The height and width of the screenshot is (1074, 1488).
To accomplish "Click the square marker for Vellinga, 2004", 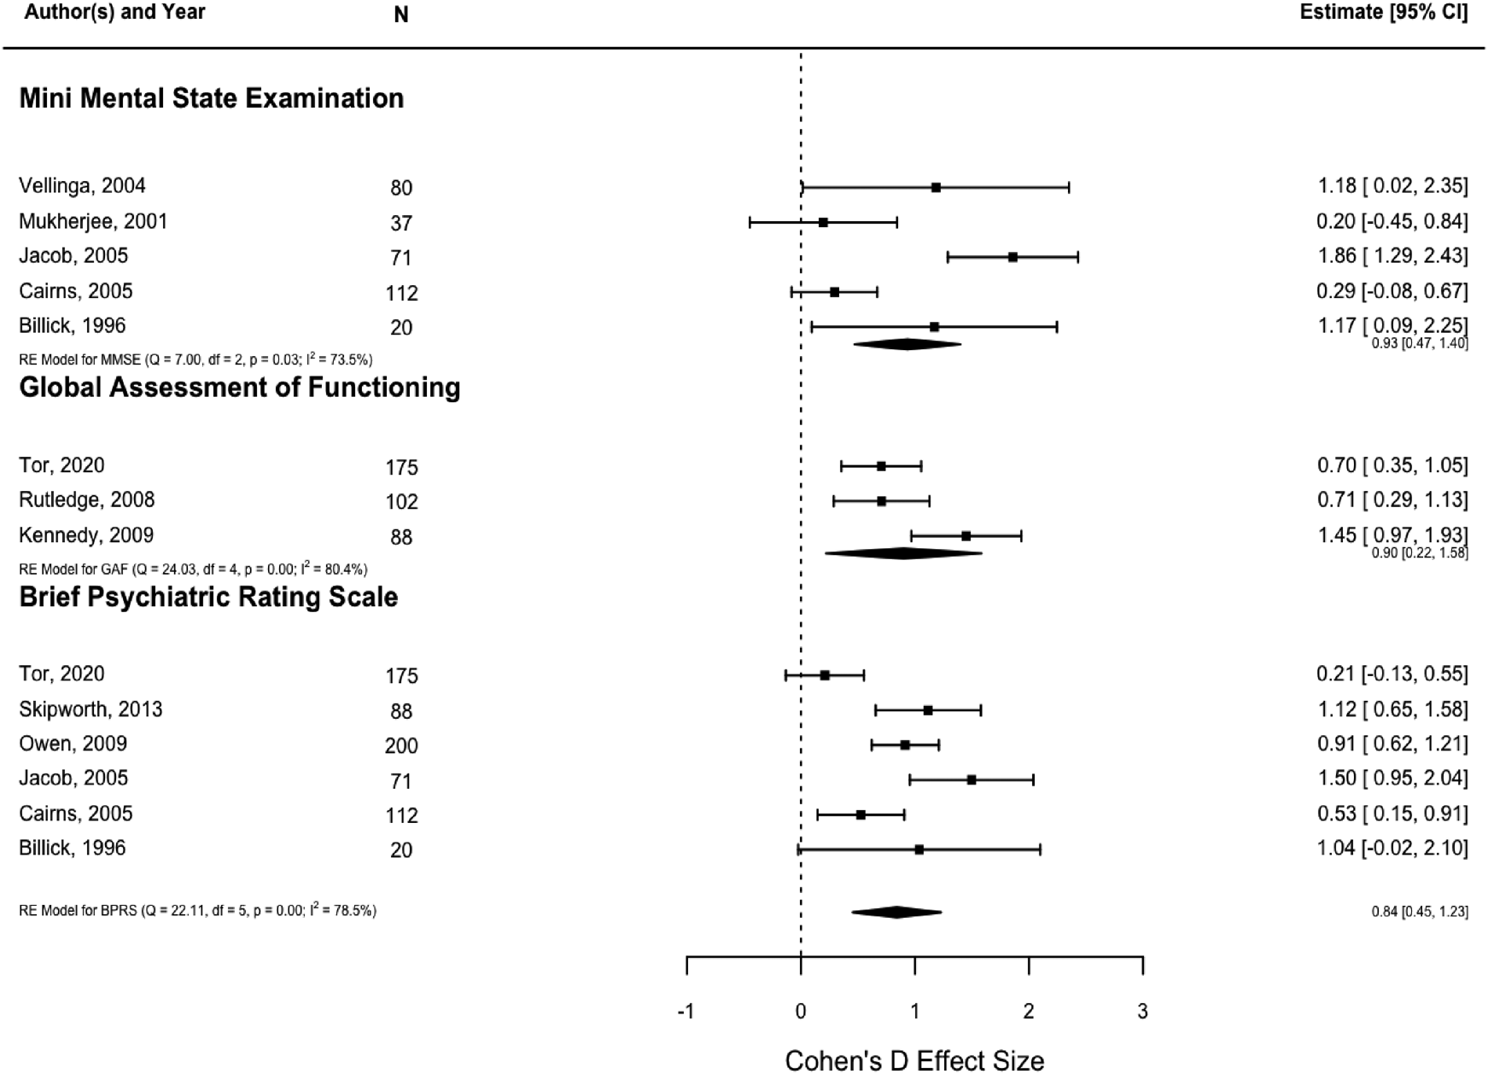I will click(936, 188).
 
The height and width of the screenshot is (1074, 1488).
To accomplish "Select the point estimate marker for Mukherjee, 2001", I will click(823, 223).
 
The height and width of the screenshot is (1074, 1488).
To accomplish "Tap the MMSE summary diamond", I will click(907, 344).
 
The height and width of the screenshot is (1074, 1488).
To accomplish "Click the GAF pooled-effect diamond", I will click(903, 553).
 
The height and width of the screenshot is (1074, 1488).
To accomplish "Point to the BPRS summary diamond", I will click(896, 912).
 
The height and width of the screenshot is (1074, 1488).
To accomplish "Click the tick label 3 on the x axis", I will click(1142, 1012).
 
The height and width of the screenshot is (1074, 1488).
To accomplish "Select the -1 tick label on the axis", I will click(686, 1012).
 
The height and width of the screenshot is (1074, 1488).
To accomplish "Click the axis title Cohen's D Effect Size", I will click(914, 1060).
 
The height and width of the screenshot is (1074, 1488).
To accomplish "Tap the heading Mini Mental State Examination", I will click(212, 98).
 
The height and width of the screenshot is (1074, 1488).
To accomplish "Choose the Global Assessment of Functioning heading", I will click(240, 388).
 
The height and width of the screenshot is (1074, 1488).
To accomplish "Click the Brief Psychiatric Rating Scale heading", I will click(208, 597).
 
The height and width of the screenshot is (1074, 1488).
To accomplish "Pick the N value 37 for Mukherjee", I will click(401, 224).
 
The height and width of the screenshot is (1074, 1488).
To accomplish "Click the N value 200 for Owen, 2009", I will click(401, 746).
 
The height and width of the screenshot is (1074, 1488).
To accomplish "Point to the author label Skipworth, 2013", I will click(90, 709).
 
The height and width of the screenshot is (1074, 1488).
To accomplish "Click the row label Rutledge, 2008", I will click(87, 500).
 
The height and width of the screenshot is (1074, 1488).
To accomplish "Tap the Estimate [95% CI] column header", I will click(1383, 13).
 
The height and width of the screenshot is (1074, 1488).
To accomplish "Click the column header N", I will click(401, 15).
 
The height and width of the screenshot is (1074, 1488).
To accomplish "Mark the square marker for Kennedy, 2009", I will click(966, 536).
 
